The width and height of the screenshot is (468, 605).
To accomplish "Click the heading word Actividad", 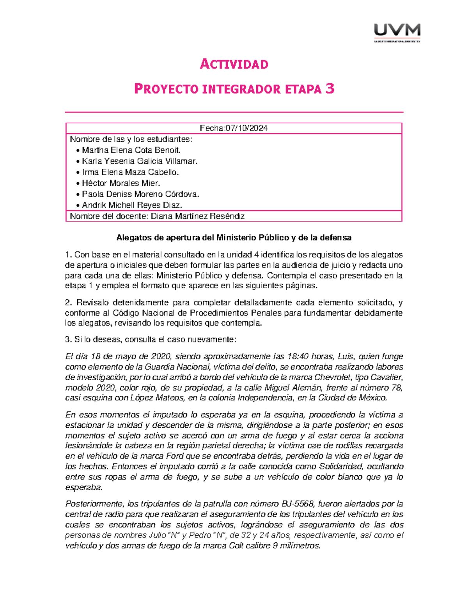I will [234, 64].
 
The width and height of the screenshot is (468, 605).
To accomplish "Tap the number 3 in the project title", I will [330, 89].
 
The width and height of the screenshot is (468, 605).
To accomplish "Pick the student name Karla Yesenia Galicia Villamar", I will [140, 161].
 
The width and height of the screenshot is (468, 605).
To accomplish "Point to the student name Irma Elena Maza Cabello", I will [130, 172].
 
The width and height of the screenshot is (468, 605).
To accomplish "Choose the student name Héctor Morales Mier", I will [121, 183].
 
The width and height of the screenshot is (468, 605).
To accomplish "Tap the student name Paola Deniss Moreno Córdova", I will [140, 194].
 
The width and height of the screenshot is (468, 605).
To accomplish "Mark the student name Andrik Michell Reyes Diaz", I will [132, 205].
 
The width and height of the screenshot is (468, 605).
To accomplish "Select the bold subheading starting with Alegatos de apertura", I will [234, 237].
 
